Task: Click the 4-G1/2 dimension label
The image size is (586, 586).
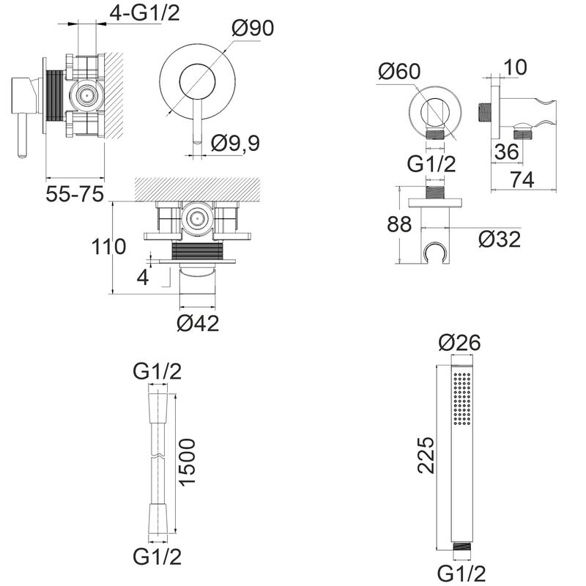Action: tap(144, 13)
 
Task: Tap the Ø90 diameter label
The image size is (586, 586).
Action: tap(253, 28)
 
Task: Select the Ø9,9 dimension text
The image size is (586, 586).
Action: tap(235, 143)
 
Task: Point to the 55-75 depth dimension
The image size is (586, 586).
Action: tap(75, 194)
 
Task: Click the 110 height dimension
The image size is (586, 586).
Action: tap(108, 247)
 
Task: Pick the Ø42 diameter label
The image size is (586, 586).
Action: tap(198, 323)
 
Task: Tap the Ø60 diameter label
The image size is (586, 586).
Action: tap(399, 71)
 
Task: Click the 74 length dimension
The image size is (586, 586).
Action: tap(522, 179)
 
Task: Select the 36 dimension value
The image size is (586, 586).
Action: tap(507, 152)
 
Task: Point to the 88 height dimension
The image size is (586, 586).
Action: tap(399, 224)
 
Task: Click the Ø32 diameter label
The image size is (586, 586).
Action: tap(500, 240)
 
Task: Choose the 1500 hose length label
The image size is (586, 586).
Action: tap(187, 462)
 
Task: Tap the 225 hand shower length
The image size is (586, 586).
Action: tap(426, 455)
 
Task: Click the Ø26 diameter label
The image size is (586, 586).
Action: tap(460, 342)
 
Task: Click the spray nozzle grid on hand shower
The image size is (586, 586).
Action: tap(462, 398)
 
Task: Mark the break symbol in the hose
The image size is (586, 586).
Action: tap(157, 456)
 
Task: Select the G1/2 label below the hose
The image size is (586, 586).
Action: tap(157, 566)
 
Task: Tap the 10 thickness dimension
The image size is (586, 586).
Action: tap(516, 67)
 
